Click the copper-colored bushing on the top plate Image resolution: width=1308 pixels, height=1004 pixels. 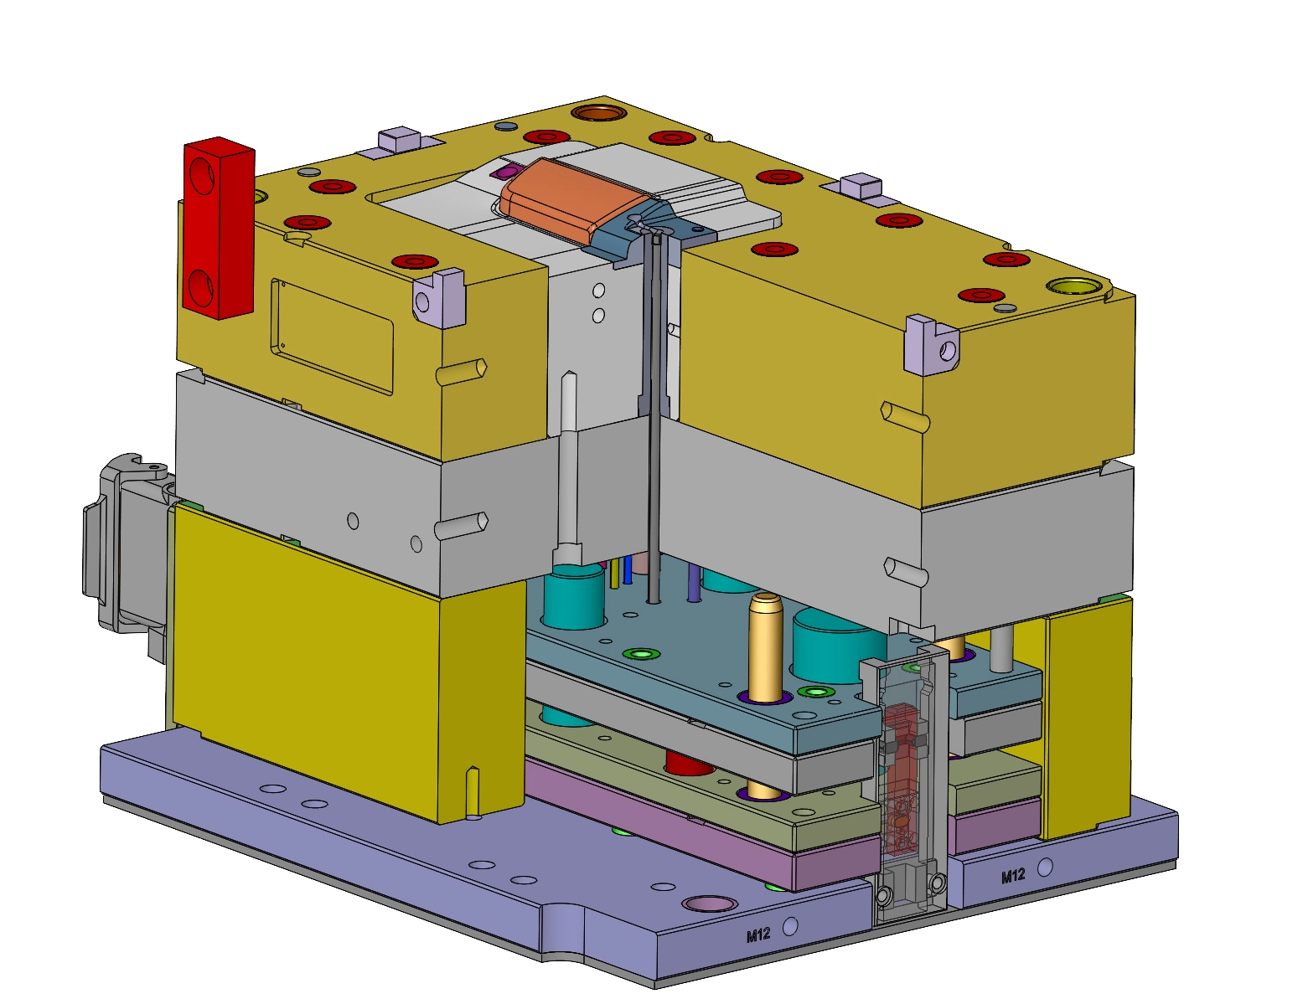(599, 112)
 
